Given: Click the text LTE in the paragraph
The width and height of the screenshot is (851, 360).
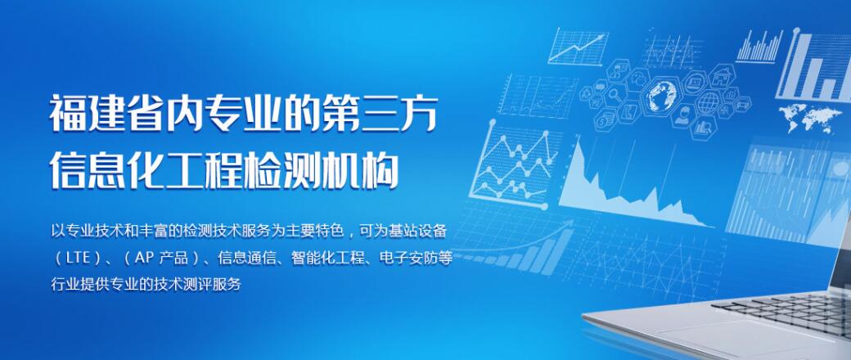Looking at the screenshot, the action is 78,258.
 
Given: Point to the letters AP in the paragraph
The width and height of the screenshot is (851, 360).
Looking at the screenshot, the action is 145,258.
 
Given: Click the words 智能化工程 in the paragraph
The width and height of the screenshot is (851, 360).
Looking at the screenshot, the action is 327,258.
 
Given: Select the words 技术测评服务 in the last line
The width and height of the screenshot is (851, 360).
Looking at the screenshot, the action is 196,284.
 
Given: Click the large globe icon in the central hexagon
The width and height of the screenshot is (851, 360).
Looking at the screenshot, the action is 662,95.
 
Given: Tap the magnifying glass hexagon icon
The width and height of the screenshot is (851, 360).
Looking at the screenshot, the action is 615,94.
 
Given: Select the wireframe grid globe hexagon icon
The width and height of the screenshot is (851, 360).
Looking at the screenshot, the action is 709,102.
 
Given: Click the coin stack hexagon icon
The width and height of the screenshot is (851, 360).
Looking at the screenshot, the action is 604,119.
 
